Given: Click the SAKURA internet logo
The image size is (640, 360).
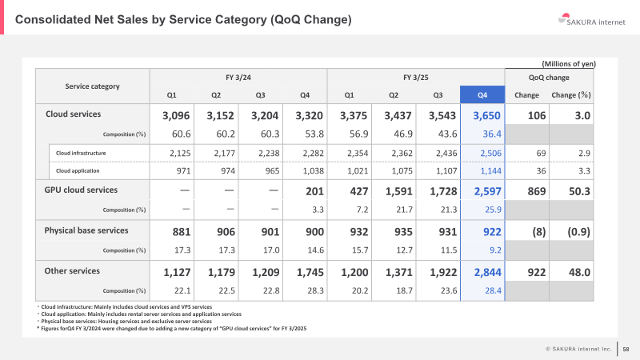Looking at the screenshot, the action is pyautogui.click(x=591, y=20).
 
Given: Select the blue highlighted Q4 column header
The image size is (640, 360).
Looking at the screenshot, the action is pyautogui.click(x=482, y=94).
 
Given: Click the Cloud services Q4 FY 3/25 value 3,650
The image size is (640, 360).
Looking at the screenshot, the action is pyautogui.click(x=486, y=115).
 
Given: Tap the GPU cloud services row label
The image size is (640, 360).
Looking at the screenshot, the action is pyautogui.click(x=81, y=190).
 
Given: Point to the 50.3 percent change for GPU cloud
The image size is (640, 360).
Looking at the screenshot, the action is pyautogui.click(x=579, y=191).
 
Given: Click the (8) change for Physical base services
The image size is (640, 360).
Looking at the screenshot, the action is pyautogui.click(x=538, y=232).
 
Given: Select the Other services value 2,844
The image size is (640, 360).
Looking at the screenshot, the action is pyautogui.click(x=487, y=272).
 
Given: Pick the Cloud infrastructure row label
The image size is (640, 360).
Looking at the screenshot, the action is pyautogui.click(x=81, y=153).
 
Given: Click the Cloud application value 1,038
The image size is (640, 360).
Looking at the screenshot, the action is pyautogui.click(x=313, y=171).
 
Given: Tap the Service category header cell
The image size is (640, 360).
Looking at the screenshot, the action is pyautogui.click(x=92, y=86).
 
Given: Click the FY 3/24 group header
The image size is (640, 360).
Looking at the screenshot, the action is pyautogui.click(x=238, y=77).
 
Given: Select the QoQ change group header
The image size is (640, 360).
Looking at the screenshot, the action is pyautogui.click(x=549, y=78).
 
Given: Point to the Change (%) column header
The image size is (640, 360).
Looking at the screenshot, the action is pyautogui.click(x=571, y=94).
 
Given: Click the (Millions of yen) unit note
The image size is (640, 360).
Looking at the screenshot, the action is pyautogui.click(x=569, y=64).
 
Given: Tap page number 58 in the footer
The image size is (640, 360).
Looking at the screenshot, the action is pyautogui.click(x=626, y=349).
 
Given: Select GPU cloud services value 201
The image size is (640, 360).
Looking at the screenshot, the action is pyautogui.click(x=314, y=191).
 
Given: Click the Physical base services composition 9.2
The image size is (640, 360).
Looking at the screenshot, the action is pyautogui.click(x=495, y=250).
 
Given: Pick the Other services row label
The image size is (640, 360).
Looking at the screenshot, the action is pyautogui.click(x=72, y=271).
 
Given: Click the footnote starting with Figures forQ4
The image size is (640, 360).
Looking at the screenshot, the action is pyautogui.click(x=171, y=328).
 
